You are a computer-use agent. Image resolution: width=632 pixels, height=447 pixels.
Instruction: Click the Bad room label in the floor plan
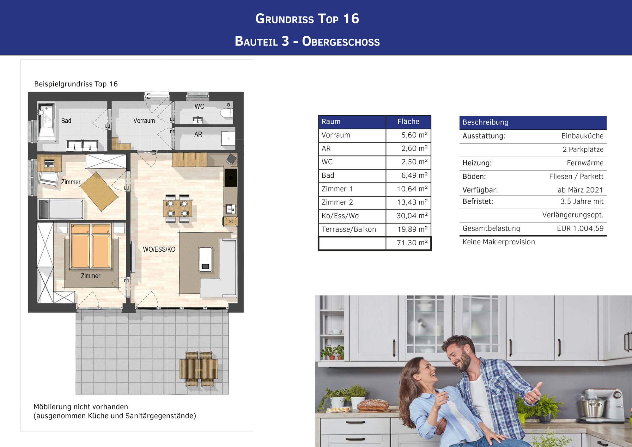pyautogui.click(x=66, y=120)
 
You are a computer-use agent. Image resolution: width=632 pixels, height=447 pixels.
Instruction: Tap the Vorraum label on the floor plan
pyautogui.click(x=144, y=120)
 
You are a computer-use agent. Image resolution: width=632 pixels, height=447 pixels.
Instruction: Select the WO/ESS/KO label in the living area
pyautogui.click(x=159, y=249)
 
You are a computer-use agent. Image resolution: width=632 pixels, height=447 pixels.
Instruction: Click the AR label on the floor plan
pyautogui.click(x=198, y=134)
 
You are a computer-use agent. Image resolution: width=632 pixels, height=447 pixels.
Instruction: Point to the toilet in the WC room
pyautogui.click(x=227, y=113)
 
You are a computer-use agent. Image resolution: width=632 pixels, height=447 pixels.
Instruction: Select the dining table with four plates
pyautogui.click(x=178, y=208)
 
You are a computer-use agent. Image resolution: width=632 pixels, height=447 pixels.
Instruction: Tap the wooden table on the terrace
pyautogui.click(x=198, y=369)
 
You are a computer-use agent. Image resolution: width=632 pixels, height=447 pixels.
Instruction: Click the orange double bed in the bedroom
pyautogui.click(x=91, y=246)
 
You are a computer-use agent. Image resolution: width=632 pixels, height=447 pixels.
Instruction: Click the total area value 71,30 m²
pyautogui.click(x=412, y=243)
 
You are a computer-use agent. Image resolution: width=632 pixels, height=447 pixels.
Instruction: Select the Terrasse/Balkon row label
pyautogui.click(x=349, y=229)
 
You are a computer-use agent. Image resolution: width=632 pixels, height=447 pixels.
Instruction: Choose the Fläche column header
pyautogui.click(x=408, y=121)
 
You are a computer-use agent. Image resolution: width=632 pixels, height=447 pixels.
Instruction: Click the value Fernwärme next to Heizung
pyautogui.click(x=585, y=163)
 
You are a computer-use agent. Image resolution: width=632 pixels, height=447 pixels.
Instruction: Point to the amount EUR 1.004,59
pyautogui.click(x=580, y=228)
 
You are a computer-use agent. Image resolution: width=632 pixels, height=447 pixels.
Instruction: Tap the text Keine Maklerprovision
pyautogui.click(x=499, y=242)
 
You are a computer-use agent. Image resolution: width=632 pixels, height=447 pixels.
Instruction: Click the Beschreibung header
pyautogui.click(x=485, y=122)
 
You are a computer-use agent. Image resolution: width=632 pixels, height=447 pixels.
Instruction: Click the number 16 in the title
pyautogui.click(x=351, y=19)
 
